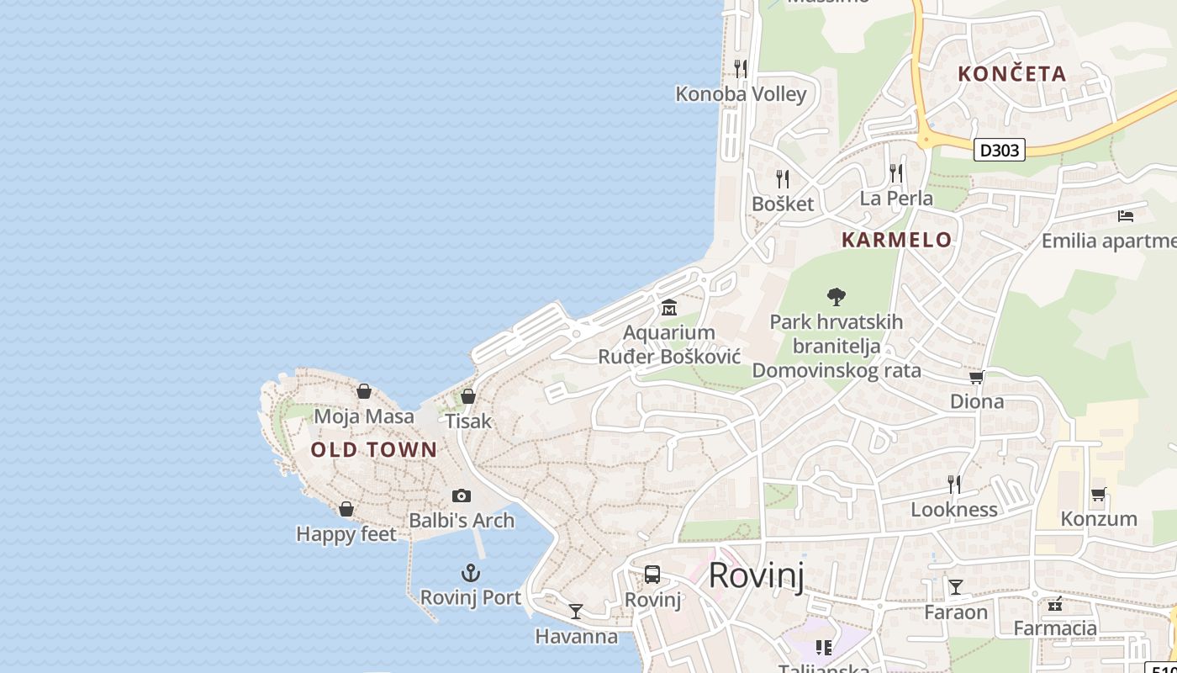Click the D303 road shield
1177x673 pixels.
(x=1000, y=150)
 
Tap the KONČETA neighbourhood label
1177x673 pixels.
(x=1012, y=74)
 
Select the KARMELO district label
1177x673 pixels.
(x=896, y=240)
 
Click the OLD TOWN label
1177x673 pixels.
(x=374, y=450)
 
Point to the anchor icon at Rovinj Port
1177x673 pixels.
(x=471, y=574)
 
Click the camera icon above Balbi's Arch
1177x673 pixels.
(x=461, y=496)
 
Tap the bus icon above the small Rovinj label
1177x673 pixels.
(x=652, y=575)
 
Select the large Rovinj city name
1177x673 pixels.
(x=756, y=576)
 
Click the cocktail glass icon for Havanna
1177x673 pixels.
(x=576, y=612)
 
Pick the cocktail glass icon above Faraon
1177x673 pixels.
(x=955, y=587)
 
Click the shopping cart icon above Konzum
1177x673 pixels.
(x=1098, y=494)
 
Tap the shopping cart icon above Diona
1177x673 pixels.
(x=976, y=377)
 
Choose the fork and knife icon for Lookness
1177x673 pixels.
(x=954, y=485)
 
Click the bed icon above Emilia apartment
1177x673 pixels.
(x=1126, y=216)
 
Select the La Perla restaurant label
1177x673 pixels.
(x=896, y=199)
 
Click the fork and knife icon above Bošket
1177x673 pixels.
(x=783, y=179)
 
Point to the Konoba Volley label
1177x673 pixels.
(x=741, y=94)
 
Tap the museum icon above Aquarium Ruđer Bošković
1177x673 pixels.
(x=669, y=308)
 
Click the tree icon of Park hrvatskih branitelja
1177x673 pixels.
(x=836, y=296)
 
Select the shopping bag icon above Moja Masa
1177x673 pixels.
(x=364, y=391)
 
